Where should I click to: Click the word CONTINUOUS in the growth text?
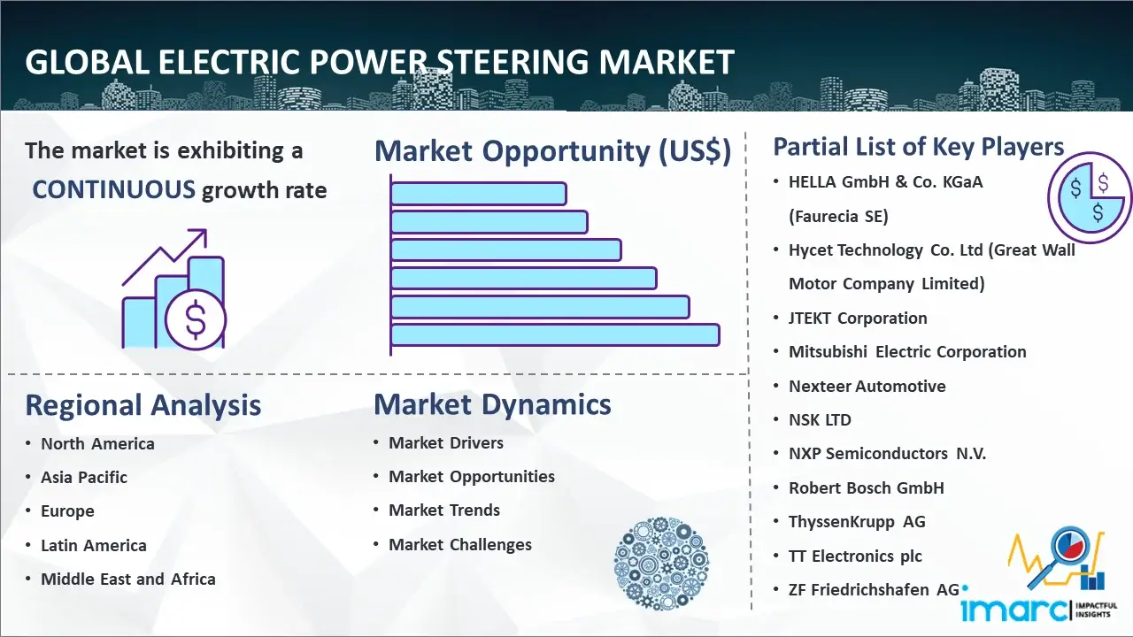[x=113, y=189]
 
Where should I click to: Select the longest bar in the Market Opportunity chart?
[x=555, y=335]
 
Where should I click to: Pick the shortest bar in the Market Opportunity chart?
[x=479, y=194]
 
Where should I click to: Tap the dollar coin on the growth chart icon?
[x=196, y=320]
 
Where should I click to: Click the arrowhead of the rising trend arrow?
[x=199, y=236]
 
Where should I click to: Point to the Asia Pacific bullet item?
[x=84, y=477]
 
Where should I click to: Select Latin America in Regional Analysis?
[x=94, y=546]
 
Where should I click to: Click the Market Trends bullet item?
[x=444, y=510]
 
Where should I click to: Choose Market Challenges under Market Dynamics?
[x=460, y=544]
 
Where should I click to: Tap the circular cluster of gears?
[x=661, y=564]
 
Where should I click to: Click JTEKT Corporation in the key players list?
[x=858, y=318]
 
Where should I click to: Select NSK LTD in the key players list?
[x=820, y=419]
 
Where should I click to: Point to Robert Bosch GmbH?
[x=867, y=487]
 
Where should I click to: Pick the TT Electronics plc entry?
[x=855, y=556]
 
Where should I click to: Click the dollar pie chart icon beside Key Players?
[x=1090, y=197]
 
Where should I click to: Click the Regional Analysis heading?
[x=143, y=405]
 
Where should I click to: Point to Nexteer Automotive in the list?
[x=867, y=387]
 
